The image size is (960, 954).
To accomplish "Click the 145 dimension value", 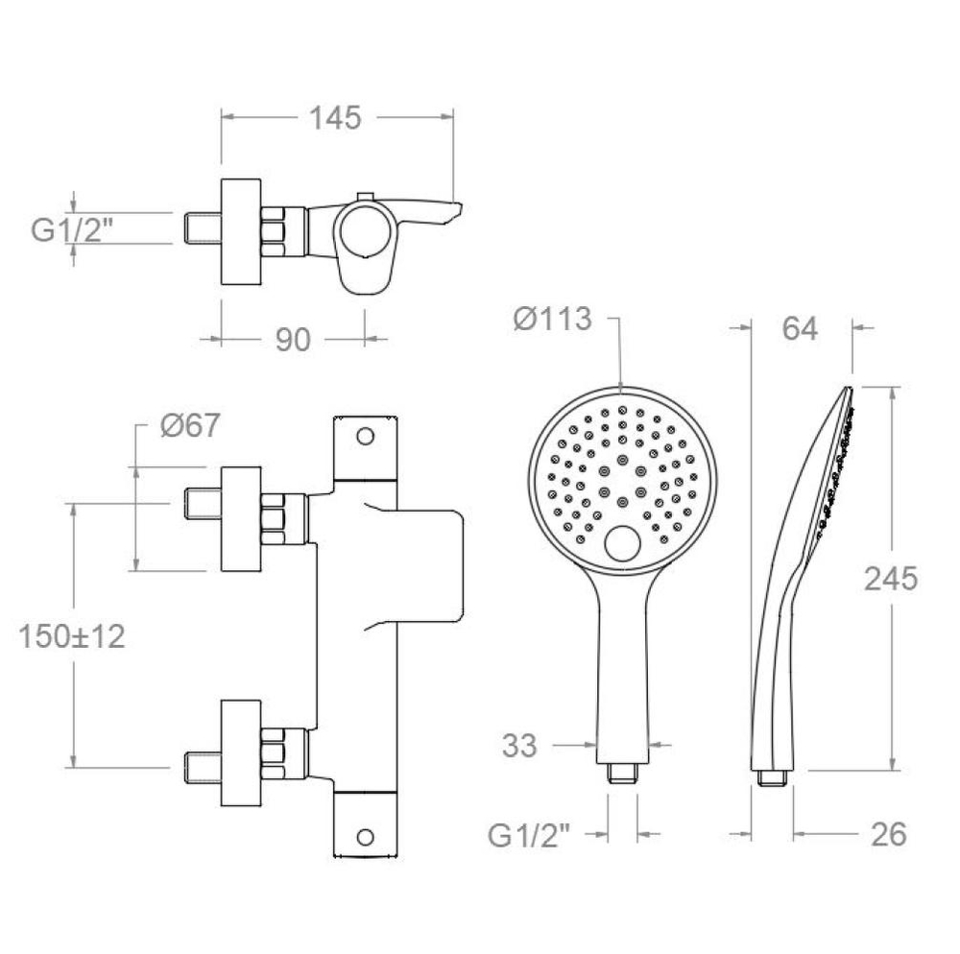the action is click(x=335, y=118).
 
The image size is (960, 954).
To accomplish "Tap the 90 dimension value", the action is click(x=293, y=340).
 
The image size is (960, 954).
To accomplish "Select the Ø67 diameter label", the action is click(x=190, y=424).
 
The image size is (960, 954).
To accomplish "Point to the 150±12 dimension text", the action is click(x=72, y=635).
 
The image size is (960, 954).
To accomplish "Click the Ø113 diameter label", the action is click(x=553, y=319).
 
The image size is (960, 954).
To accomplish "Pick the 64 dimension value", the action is click(x=800, y=328).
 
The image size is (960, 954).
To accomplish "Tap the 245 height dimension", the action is click(x=891, y=579).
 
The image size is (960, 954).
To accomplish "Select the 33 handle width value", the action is click(x=519, y=746).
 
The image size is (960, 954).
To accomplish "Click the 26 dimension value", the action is click(x=888, y=834).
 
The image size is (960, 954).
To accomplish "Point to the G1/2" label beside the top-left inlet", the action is click(x=73, y=230).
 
